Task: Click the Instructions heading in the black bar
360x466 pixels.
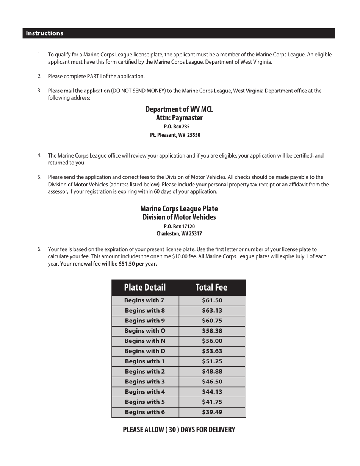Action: click(x=44, y=33)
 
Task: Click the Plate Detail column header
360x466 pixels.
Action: click(x=145, y=288)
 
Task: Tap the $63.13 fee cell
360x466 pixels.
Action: click(x=212, y=311)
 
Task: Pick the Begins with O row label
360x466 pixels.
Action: click(x=145, y=331)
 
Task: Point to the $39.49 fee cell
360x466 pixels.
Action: click(x=212, y=412)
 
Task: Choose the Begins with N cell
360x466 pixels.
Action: click(x=145, y=341)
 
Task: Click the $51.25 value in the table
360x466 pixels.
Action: click(x=212, y=361)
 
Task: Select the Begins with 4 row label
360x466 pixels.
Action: click(x=145, y=392)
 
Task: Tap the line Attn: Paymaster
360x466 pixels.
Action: click(x=179, y=118)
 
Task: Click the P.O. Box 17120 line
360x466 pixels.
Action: click(x=179, y=226)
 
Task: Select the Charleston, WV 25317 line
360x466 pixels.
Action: click(x=179, y=234)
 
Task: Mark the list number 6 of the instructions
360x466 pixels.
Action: click(x=39, y=249)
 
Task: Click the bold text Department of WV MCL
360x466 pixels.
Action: click(x=179, y=109)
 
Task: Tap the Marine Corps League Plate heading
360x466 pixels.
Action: click(x=179, y=209)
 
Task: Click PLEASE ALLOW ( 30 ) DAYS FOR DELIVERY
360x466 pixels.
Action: click(x=179, y=430)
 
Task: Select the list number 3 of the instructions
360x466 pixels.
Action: click(x=39, y=91)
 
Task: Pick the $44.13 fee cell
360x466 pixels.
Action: click(x=212, y=392)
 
